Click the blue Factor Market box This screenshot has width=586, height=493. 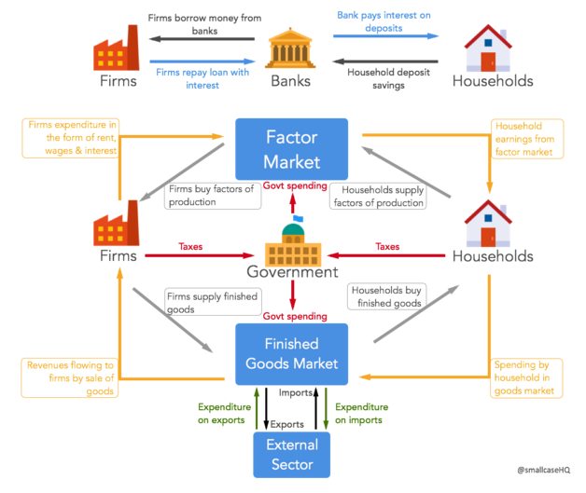291,148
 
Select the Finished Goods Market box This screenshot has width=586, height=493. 291,354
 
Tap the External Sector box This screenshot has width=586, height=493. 292,454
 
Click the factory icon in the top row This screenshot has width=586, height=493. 116,48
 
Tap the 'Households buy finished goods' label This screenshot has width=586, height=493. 386,296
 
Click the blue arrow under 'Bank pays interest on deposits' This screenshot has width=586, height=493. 385,36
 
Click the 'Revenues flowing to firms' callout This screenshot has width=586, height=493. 70,378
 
